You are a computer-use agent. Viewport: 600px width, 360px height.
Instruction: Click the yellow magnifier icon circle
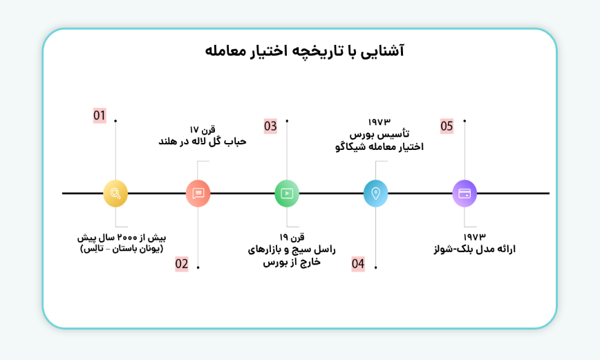tap(115, 193)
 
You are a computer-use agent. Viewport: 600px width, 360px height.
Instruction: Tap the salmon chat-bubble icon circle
tap(198, 193)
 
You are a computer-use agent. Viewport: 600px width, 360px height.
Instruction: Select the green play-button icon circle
tap(287, 193)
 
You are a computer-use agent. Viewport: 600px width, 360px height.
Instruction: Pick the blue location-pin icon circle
tap(375, 193)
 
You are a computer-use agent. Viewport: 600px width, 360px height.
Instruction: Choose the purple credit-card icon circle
tap(465, 193)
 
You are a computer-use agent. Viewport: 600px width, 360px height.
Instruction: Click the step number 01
tap(100, 115)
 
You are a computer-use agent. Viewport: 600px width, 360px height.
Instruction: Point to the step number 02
tap(181, 263)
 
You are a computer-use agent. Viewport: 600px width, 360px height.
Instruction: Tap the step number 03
tap(270, 126)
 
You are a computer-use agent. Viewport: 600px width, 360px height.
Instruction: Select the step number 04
tap(358, 263)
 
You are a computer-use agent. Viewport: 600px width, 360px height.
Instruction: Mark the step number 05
tap(447, 126)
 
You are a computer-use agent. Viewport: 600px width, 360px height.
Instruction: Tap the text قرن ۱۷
tap(203, 129)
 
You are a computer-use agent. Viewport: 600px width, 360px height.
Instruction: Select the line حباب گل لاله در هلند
tap(203, 142)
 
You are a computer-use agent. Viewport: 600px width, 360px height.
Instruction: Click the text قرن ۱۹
tap(292, 237)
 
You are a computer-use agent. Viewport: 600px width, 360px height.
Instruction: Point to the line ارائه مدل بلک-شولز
tap(474, 249)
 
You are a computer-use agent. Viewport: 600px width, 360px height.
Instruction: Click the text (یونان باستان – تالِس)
tap(122, 248)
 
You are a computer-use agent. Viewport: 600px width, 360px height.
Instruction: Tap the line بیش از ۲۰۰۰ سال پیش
tap(122, 237)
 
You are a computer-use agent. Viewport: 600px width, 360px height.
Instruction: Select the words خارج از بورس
tap(292, 262)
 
